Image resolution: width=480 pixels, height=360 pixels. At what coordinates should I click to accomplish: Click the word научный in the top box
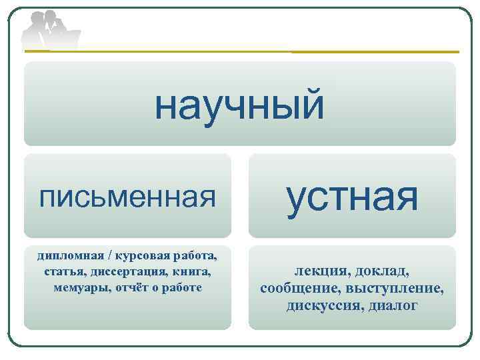(239, 105)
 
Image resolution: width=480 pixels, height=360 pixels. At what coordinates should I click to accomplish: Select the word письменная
(127, 196)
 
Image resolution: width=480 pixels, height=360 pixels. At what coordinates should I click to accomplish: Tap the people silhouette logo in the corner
(49, 29)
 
